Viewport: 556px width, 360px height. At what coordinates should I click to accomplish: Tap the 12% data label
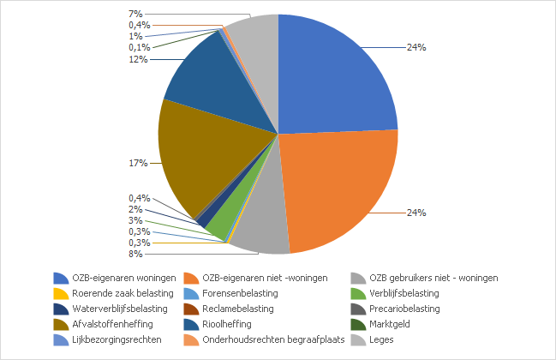(138, 59)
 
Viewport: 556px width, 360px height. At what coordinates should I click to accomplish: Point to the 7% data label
(135, 14)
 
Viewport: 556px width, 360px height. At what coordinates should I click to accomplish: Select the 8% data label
(135, 254)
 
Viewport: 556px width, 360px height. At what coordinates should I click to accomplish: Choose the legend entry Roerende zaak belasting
(111, 293)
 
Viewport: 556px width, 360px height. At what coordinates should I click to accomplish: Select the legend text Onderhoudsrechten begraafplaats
(273, 339)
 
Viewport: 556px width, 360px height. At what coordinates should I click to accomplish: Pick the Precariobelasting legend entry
(404, 309)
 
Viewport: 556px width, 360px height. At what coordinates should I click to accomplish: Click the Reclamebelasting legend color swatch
(192, 309)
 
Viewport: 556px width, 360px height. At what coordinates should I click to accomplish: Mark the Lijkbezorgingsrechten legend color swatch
(61, 339)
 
